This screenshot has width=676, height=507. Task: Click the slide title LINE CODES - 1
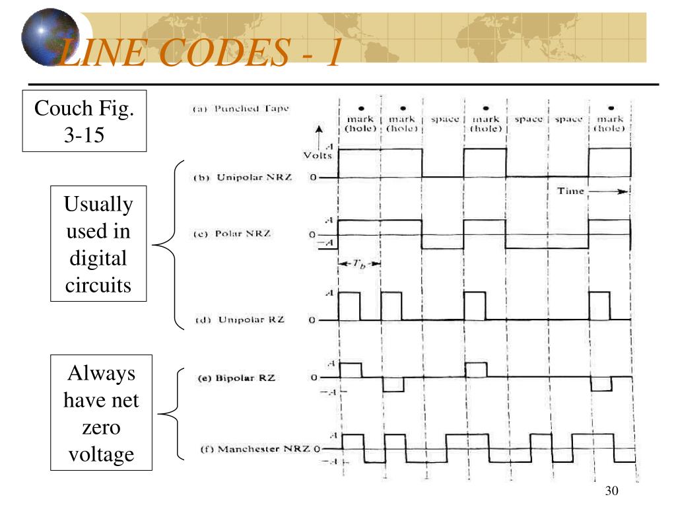tap(198, 53)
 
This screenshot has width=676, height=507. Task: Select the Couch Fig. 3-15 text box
tap(84, 120)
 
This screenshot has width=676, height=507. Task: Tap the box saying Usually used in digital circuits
tap(98, 244)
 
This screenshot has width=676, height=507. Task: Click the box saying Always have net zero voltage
tap(102, 413)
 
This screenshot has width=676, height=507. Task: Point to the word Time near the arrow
tap(570, 191)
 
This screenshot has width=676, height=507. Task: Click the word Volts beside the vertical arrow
tap(317, 156)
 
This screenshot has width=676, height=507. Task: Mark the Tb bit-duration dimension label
tap(360, 263)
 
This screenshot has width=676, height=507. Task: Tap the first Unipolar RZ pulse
tap(349, 306)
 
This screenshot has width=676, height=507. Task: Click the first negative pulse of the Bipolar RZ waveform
tap(392, 384)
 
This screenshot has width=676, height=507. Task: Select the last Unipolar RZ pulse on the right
tap(599, 306)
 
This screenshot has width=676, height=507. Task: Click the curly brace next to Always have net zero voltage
tap(169, 414)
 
